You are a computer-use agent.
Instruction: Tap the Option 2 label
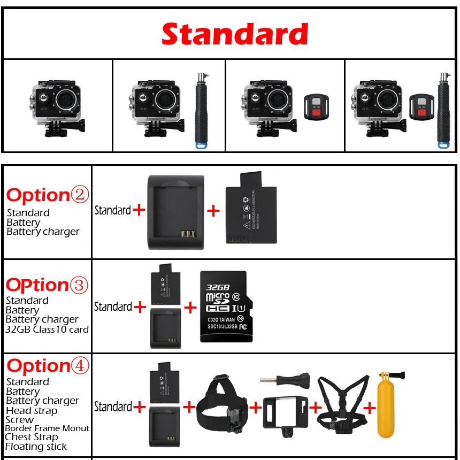click(47, 195)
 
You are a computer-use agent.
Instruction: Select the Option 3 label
click(47, 285)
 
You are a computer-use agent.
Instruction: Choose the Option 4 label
click(48, 366)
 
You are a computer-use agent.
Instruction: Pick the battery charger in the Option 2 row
click(175, 212)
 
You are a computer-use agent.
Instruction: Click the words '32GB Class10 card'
click(47, 329)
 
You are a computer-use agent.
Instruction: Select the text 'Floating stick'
click(36, 447)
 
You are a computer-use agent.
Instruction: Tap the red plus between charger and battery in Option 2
click(213, 211)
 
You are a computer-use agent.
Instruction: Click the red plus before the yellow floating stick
click(370, 409)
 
